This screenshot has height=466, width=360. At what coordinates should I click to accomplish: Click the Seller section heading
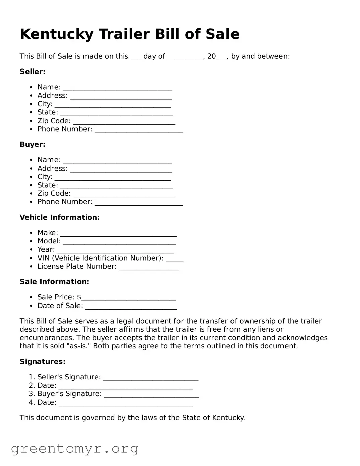pos(33,72)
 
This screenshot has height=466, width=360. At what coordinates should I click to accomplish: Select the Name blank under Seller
pos(117,88)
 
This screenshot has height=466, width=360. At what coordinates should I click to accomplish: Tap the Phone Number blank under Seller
pos(139,130)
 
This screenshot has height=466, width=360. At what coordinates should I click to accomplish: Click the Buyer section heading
pos(33,144)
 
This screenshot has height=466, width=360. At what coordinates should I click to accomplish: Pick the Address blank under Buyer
pos(121,169)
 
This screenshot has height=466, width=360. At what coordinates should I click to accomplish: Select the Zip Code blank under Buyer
pos(124,194)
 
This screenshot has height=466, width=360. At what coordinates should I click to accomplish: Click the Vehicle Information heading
pos(59,217)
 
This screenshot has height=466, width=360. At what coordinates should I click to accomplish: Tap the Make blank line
pos(118,234)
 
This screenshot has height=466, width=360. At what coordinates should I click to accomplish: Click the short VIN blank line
pos(174,259)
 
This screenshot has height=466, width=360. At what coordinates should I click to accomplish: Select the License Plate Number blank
pos(149,267)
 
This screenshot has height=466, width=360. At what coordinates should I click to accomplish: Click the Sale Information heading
pos(54,282)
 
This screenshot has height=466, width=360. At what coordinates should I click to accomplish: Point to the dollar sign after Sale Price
pos(79,297)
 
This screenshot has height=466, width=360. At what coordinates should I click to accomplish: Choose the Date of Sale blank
pos(131,307)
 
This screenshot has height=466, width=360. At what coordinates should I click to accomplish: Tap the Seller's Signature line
pos(151,378)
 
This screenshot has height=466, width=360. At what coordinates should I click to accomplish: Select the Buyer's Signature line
pos(151,395)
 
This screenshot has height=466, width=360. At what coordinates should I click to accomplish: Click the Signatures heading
pos(43,362)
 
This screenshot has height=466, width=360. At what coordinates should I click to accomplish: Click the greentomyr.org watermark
pos(74,448)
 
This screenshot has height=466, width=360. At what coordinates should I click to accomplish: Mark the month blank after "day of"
pos(185,57)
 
